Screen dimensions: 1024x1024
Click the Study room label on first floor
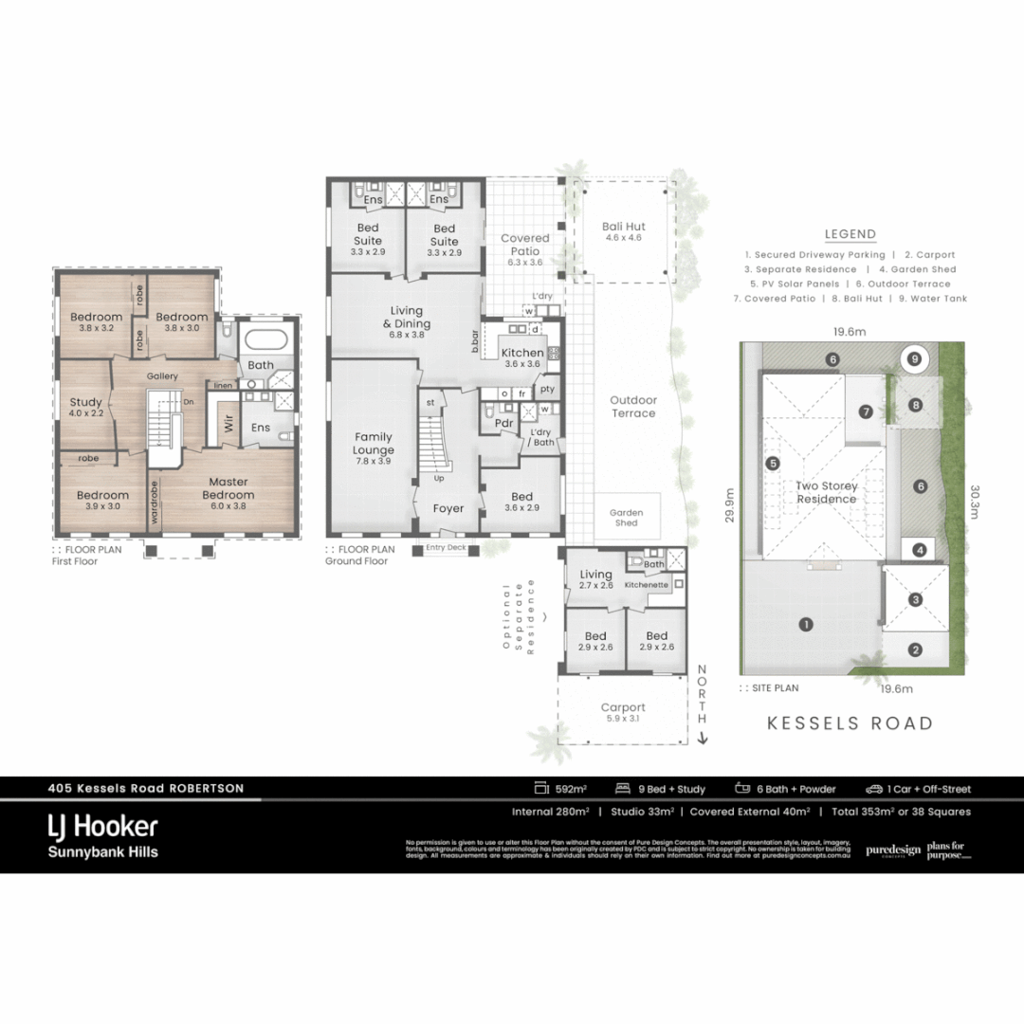pyautogui.click(x=86, y=408)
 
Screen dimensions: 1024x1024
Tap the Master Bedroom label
pyautogui.click(x=228, y=488)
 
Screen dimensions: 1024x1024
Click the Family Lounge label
pyautogui.click(x=374, y=444)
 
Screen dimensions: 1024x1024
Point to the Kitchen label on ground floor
pyautogui.click(x=521, y=354)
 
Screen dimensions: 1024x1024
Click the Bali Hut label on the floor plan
pyautogui.click(x=624, y=227)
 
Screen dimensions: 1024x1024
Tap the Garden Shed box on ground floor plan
pyautogui.click(x=626, y=518)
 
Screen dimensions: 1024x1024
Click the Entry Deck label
pyautogui.click(x=446, y=548)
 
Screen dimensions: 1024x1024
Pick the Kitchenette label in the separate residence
pyautogui.click(x=647, y=585)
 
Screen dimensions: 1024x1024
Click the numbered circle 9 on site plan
pyautogui.click(x=914, y=359)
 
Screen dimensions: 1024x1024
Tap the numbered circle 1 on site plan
pyautogui.click(x=806, y=624)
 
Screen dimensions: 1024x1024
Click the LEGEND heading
pyautogui.click(x=850, y=234)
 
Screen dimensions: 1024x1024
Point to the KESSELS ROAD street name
pyautogui.click(x=850, y=723)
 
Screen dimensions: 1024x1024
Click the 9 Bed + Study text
pyautogui.click(x=670, y=789)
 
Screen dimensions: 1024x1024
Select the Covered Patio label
pyautogui.click(x=524, y=245)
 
